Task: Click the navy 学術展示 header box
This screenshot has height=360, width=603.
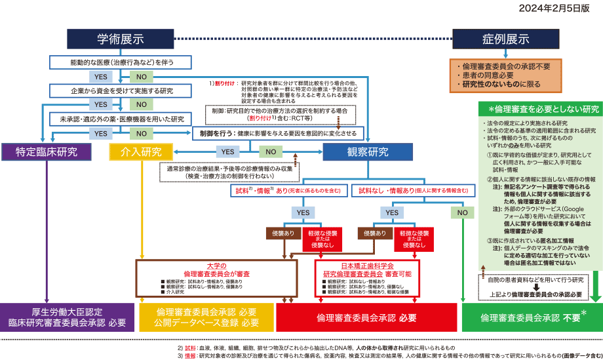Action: pos(121,39)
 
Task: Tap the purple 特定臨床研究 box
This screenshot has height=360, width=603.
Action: pos(44,152)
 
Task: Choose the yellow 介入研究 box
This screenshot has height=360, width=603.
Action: pos(141,152)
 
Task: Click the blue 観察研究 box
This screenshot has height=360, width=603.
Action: pos(367,152)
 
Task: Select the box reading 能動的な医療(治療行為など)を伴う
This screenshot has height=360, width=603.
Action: pos(121,62)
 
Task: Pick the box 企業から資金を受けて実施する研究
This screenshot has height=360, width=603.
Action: pos(121,90)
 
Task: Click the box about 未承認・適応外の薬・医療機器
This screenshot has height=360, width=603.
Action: pos(121,119)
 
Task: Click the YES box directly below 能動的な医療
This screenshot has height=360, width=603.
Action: pos(101,77)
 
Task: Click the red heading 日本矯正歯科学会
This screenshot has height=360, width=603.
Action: pos(367,266)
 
